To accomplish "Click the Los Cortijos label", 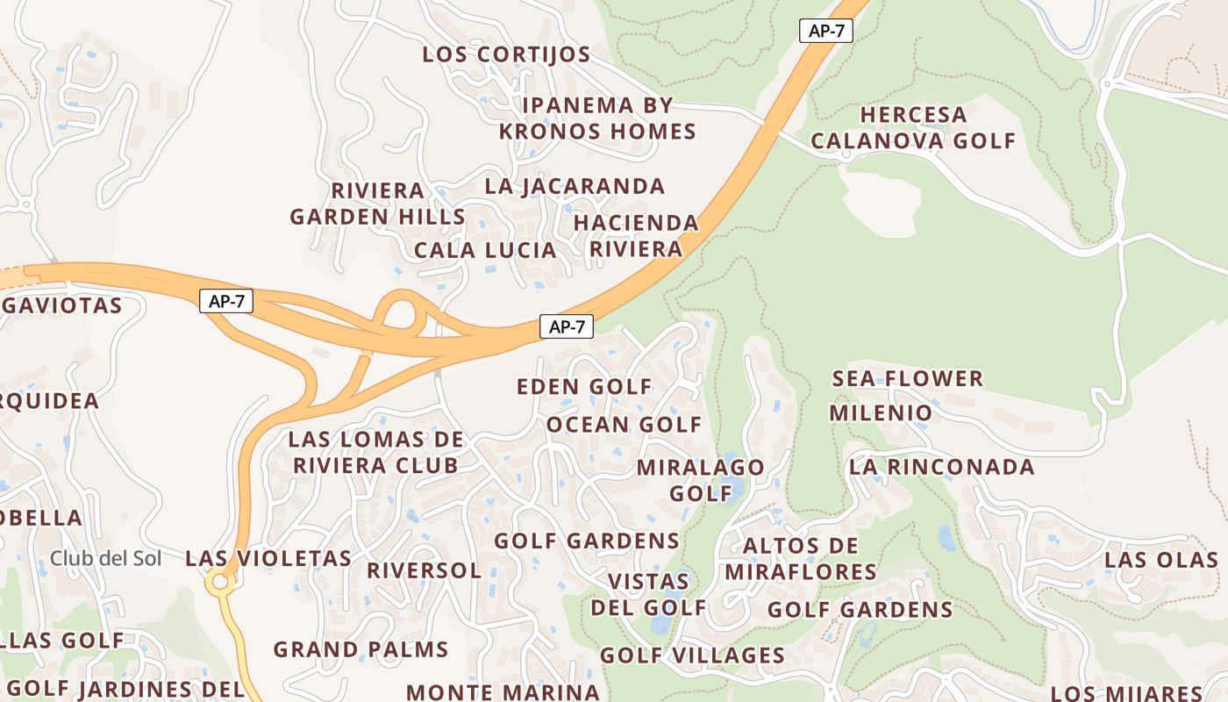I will pos(506,54).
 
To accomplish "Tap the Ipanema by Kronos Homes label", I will pos(597,118).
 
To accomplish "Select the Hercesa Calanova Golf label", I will pos(912,127).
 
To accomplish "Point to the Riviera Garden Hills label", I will pos(377,204).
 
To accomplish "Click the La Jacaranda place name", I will pos(575,186).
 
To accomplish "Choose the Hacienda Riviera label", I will pos(636,235).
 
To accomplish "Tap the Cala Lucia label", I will pos(485,250).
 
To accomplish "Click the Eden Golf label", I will pos(584,386).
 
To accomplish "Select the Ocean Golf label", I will pos(624,425).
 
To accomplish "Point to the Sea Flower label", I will pos(907,379).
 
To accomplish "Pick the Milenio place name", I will pos(881,412).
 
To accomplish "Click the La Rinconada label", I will pos(941,467).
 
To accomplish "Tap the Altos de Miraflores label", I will pos(800,559).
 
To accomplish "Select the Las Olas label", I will pos(1160,560).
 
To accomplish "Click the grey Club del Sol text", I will pos(105,558).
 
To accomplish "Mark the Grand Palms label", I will pos(361,650).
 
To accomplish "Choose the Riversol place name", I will pos(424,570).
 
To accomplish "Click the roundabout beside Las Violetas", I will pos(218,581).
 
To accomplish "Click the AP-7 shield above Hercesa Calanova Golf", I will pos(826,30).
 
